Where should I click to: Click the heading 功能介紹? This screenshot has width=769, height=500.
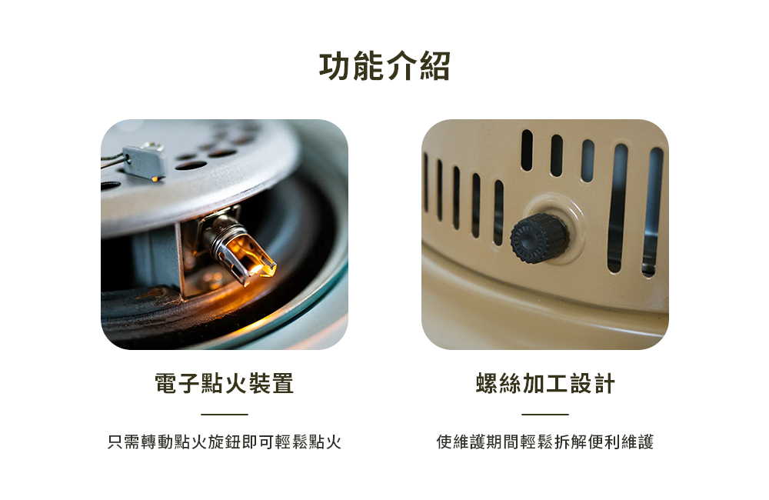384,65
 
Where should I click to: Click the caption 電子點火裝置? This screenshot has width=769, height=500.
224,383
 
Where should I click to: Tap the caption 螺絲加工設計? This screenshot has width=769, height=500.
545,383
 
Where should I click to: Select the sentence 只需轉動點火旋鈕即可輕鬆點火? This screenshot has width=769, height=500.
224,442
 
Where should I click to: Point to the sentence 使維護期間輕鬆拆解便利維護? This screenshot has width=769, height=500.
545,442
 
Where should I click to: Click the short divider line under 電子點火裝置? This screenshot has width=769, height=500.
224,414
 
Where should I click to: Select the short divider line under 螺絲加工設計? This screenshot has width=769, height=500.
545,414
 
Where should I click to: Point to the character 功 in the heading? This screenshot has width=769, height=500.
335,65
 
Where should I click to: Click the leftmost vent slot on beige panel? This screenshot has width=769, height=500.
425,182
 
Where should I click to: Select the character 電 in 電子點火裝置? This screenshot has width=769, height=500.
166,383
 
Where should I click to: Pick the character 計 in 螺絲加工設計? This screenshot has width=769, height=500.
604,383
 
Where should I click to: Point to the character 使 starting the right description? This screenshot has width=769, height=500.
444,442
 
